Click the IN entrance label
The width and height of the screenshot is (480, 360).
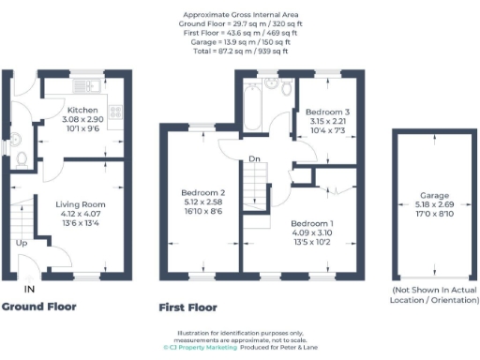(29, 288)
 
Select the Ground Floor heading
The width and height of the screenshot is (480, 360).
(39, 307)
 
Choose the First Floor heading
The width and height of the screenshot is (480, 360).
(188, 307)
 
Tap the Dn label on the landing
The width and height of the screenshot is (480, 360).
(253, 158)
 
